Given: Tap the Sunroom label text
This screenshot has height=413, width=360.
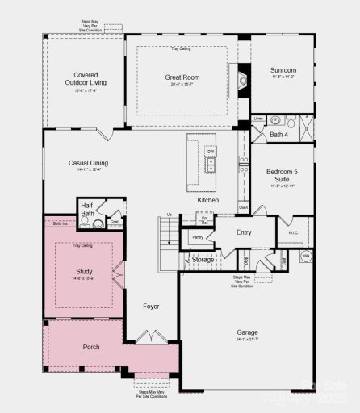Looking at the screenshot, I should pyautogui.click(x=283, y=70).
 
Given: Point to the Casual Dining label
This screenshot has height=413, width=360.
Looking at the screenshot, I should pyautogui.click(x=90, y=163).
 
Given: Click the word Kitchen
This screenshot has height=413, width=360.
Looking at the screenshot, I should pyautogui.click(x=207, y=200).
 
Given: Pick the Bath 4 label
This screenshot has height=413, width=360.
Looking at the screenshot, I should pyautogui.click(x=278, y=134).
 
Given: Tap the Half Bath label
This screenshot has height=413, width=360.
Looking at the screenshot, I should pyautogui.click(x=87, y=210).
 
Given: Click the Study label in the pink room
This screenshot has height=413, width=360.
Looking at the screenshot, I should pyautogui.click(x=85, y=271).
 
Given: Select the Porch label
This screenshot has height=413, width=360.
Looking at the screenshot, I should pyautogui.click(x=91, y=348).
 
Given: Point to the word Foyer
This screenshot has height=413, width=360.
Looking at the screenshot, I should pyautogui.click(x=152, y=307).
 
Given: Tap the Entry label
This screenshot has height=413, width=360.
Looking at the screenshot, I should pyautogui.click(x=244, y=232).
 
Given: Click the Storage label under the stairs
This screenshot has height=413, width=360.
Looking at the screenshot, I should pyautogui.click(x=203, y=259).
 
